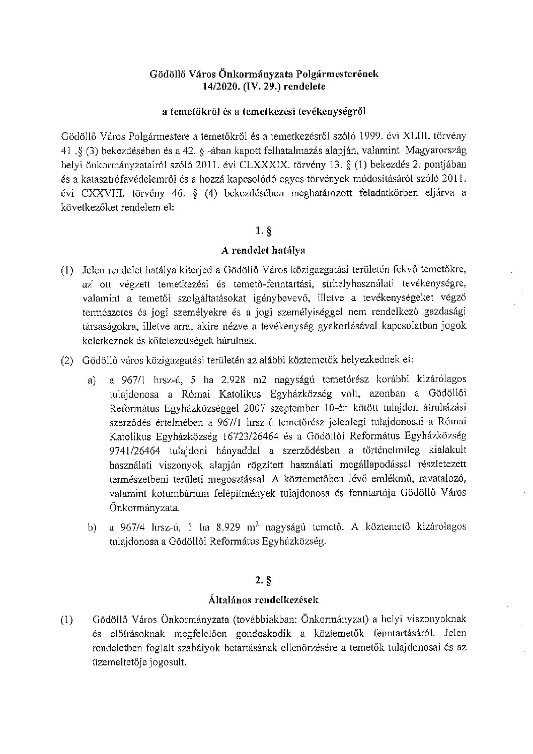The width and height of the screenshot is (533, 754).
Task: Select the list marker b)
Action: (x=93, y=527)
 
